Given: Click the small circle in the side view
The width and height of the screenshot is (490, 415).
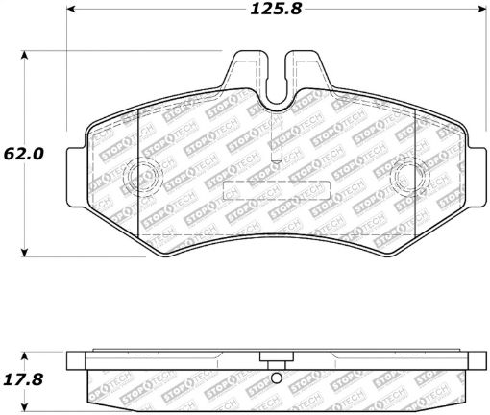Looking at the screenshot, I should click(x=277, y=377).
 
